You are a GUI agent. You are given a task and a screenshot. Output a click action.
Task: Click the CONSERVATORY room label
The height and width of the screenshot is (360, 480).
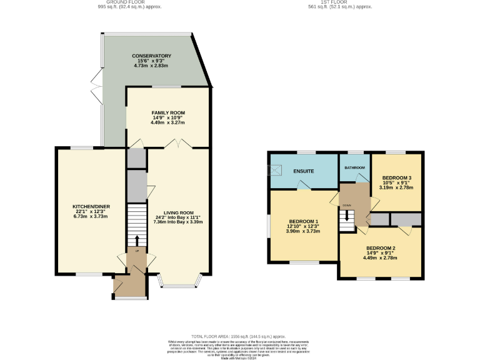151,56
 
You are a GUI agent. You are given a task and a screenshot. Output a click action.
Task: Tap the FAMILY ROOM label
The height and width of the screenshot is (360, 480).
167,112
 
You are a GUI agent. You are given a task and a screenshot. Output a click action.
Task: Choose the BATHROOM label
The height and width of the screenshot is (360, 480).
354,168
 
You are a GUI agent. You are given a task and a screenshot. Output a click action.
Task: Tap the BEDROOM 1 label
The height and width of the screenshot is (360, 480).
303,222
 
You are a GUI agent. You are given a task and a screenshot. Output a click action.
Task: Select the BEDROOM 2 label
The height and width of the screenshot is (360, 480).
381,247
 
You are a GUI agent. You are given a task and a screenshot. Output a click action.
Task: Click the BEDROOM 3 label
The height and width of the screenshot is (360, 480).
396,177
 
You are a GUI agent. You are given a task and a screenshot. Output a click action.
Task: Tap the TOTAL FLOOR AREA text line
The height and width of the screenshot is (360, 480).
240,336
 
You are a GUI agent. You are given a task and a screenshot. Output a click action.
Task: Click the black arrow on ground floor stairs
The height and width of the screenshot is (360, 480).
136,241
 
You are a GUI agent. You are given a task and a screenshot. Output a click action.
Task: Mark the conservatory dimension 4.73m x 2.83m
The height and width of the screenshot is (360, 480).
151,66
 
